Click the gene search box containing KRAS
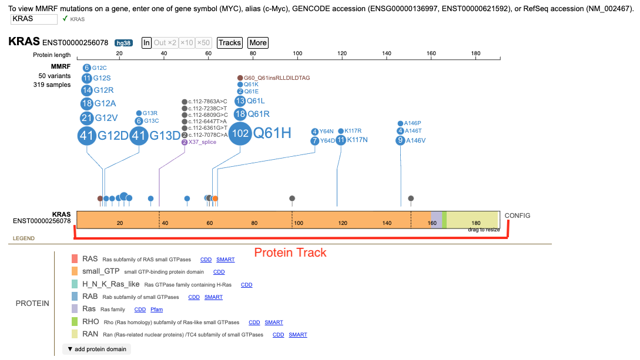[34, 19]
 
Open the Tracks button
[230, 43]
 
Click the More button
[258, 43]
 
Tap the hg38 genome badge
[123, 43]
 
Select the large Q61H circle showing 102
[240, 133]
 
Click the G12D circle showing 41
[87, 135]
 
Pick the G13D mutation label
[165, 135]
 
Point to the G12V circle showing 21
[87, 118]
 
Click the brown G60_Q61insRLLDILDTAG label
[277, 78]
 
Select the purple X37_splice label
[202, 142]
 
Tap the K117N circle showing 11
[341, 140]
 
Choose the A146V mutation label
[416, 140]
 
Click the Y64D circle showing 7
[314, 141]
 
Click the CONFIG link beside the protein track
[517, 216]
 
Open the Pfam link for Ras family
[156, 309]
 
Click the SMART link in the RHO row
[273, 322]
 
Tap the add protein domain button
[97, 349]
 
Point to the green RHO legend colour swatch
[74, 322]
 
